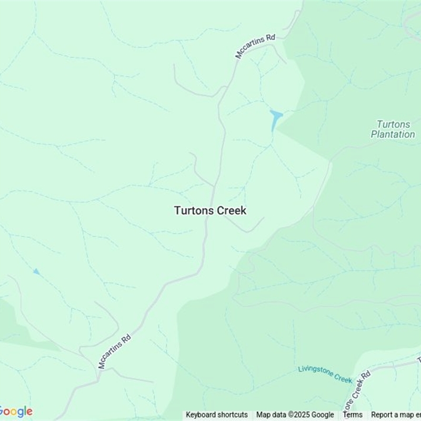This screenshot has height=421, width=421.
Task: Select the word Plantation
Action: (393, 134)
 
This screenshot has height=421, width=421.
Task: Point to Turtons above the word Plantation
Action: (393, 125)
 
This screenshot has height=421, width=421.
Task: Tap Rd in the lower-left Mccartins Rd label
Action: (126, 336)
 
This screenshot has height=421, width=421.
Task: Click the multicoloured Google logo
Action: (16, 412)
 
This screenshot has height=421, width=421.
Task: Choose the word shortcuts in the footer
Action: (233, 415)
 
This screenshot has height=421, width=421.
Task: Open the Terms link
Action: (353, 415)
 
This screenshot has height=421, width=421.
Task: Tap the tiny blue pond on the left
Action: (36, 272)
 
